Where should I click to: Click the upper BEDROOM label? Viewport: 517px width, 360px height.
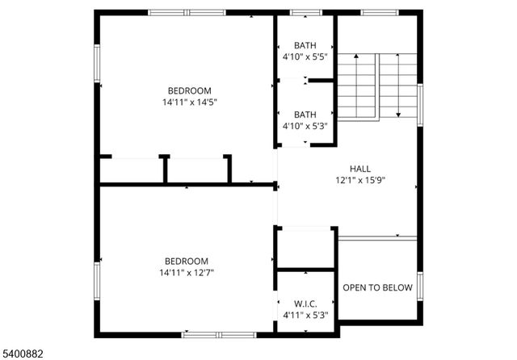pos(189,90)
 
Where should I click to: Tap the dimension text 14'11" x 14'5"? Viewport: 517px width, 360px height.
pos(189,103)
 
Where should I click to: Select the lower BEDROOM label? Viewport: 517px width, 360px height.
pos(187,261)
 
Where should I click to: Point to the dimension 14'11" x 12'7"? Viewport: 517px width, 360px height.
pos(187,273)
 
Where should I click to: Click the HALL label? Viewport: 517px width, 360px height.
pos(360,168)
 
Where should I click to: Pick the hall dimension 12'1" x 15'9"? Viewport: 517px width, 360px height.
pos(360,180)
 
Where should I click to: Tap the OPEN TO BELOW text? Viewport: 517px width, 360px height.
pos(377,287)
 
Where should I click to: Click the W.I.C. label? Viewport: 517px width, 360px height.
pos(305,303)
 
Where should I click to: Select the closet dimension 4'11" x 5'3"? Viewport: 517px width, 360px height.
pos(305,315)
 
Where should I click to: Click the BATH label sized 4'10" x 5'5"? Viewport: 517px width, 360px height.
pos(305,45)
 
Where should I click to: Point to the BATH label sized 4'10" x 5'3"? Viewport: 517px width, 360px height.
pos(305,115)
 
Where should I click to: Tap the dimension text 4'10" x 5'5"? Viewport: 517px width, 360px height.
pos(305,57)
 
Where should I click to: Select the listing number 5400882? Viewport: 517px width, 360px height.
pos(23,352)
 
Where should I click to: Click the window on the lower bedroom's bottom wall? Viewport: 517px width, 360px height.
pos(219,333)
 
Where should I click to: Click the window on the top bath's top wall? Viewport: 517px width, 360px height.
pos(305,13)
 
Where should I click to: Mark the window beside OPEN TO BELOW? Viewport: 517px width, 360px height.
pos(419,286)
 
